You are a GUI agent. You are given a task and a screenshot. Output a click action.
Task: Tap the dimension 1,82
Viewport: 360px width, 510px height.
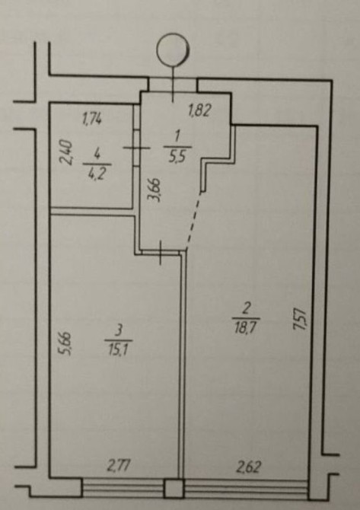tap(199, 110)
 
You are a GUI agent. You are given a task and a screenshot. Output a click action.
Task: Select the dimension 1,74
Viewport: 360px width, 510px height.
tap(91, 119)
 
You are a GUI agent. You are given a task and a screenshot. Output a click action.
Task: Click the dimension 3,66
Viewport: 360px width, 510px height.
tap(155, 190)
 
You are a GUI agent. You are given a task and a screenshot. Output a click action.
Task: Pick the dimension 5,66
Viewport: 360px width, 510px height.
tap(65, 344)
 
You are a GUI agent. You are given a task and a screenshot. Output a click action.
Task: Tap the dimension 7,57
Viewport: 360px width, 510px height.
tap(300, 320)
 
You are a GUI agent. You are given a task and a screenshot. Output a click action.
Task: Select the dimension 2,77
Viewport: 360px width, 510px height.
tap(119, 466)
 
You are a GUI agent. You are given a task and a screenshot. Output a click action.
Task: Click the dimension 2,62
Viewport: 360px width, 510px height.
tap(248, 467)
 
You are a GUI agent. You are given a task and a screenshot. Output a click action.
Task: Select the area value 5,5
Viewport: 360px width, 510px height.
tap(178, 157)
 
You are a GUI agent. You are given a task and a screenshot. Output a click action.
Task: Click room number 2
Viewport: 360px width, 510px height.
tap(246, 308)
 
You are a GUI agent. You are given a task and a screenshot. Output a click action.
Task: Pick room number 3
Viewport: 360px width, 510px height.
tap(119, 331)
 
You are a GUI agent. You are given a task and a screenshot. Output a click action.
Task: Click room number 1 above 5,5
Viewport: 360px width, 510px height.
tap(177, 136)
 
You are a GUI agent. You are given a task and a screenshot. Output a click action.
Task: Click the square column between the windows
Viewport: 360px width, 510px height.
tap(174, 488)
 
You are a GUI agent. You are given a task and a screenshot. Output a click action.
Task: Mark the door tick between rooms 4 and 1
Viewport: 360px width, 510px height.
tap(136, 148)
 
